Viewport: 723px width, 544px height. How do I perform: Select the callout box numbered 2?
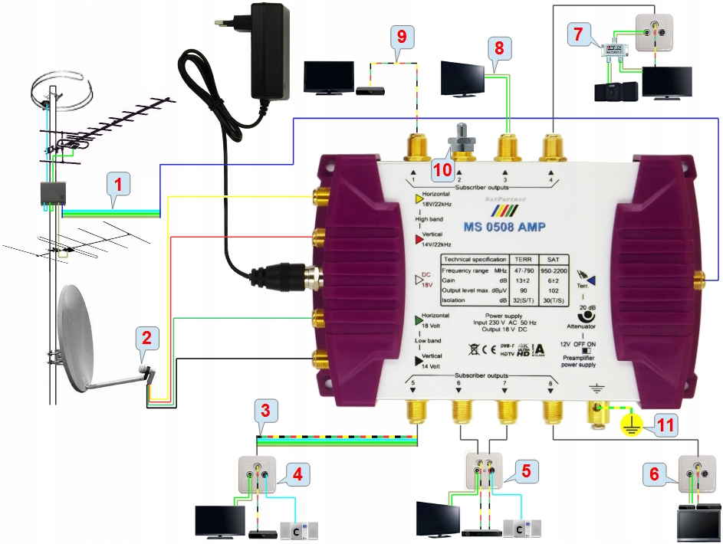point(147,336)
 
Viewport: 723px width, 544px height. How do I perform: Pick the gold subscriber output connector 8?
point(553,411)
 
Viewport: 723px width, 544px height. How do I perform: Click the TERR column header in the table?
point(522,260)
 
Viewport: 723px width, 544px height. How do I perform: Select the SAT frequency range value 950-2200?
point(554,271)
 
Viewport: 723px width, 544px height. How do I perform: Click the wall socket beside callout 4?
point(256,473)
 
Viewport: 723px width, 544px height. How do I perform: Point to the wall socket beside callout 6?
point(696,473)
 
